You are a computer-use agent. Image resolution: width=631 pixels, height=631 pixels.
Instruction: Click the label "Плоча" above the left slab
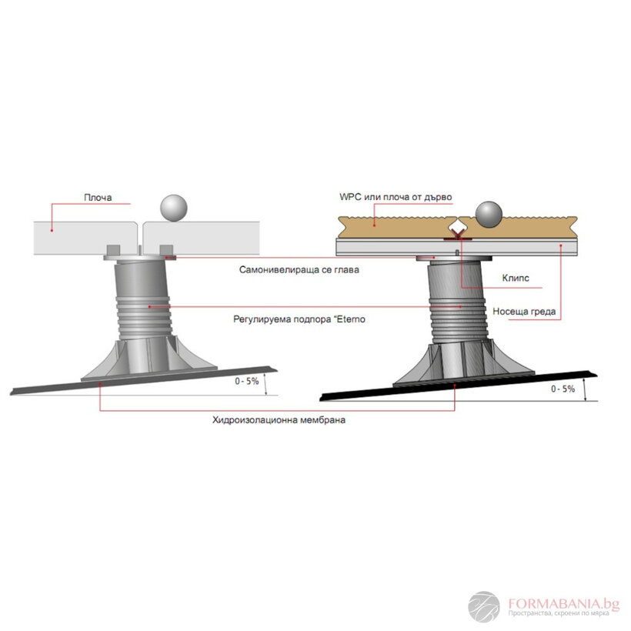98,197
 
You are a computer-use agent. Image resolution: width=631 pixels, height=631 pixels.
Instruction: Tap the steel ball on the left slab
174,208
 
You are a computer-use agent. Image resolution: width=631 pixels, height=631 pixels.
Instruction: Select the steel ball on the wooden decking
489,215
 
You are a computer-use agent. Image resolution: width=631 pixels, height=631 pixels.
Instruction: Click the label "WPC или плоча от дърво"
396,197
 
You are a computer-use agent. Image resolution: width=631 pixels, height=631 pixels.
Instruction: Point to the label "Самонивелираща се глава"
299,269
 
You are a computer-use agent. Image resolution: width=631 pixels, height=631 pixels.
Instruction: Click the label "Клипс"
516,278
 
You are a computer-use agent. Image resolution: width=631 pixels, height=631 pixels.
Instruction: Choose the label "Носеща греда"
524,312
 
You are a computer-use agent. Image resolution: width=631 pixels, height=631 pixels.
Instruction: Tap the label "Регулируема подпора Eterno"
299,319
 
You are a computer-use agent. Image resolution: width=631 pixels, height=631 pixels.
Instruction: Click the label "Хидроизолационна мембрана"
279,420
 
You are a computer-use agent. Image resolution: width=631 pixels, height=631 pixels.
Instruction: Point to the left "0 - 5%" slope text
247,381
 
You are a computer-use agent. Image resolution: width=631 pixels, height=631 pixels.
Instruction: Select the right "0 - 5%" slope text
563,389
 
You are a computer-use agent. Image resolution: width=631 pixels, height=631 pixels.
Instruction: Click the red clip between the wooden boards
458,235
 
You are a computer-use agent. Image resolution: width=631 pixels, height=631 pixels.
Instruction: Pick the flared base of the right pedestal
463,363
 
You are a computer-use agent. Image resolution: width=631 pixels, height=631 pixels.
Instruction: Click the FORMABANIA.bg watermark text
563,603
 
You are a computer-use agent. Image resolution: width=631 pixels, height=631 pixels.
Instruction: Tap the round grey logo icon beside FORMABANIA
484,607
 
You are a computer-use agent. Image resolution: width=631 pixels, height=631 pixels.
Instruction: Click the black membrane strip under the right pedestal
459,386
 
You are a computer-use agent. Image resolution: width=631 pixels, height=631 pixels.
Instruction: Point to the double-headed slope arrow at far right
585,389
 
